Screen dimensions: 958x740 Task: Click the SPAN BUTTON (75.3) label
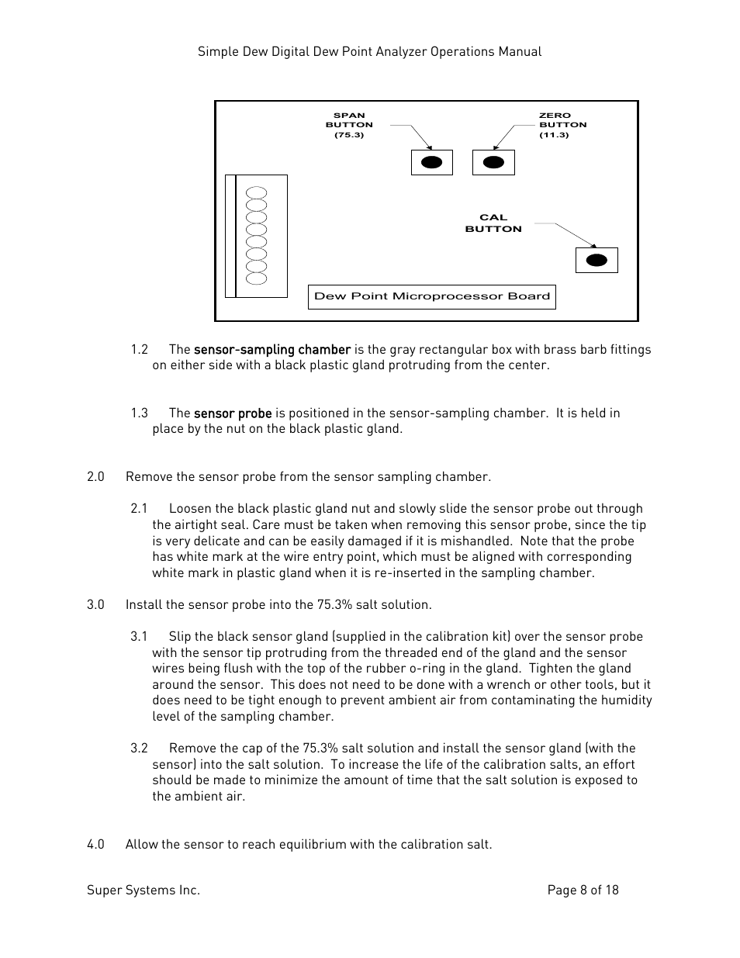point(349,125)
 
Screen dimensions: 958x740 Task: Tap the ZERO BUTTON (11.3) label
point(562,125)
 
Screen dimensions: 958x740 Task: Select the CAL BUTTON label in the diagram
point(493,223)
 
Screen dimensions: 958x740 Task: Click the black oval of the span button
point(431,162)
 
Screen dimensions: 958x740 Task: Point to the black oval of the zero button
point(493,162)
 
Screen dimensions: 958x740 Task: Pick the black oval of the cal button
point(596,260)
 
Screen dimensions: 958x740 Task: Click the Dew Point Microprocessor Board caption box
point(432,296)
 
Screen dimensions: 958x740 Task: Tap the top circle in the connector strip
point(256,193)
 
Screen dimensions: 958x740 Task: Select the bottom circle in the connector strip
point(256,278)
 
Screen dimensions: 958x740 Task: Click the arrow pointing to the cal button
point(565,234)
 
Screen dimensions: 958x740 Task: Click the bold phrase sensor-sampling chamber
point(272,350)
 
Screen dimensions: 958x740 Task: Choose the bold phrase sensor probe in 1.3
point(233,413)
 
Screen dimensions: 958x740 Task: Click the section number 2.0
point(95,477)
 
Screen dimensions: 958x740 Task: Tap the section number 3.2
point(139,749)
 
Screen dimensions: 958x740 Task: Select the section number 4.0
point(95,845)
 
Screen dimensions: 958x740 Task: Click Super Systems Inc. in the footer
point(144,891)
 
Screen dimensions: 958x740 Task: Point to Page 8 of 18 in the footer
point(583,891)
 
